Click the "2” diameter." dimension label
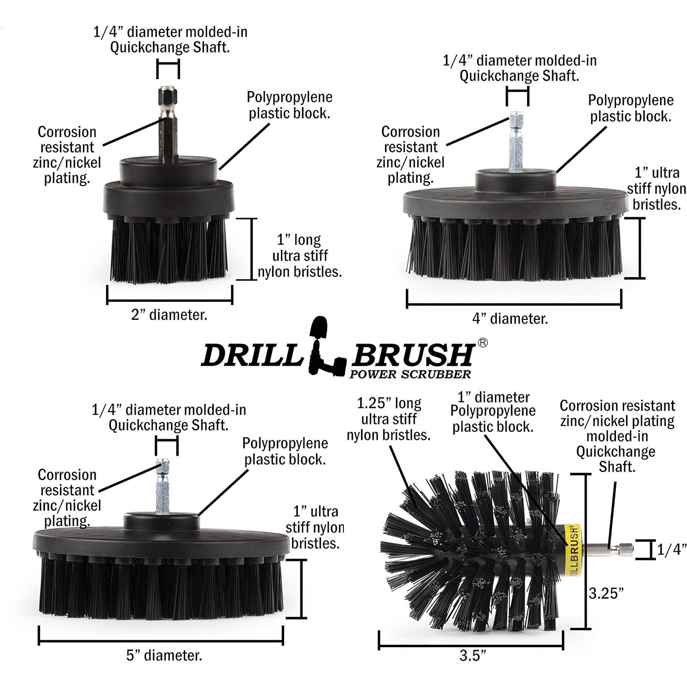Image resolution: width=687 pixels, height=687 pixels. click(x=169, y=315)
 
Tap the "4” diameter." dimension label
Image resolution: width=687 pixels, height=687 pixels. click(x=510, y=319)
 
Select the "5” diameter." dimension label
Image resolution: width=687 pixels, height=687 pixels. click(x=164, y=655)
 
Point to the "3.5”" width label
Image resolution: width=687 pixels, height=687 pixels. click(x=472, y=656)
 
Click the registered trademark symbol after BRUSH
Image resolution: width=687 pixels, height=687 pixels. click(x=482, y=343)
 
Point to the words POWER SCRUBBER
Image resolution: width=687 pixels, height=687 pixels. click(x=410, y=374)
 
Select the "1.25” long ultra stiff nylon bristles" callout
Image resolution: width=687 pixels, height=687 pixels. click(x=389, y=419)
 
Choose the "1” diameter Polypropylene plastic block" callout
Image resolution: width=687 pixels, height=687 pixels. click(x=493, y=412)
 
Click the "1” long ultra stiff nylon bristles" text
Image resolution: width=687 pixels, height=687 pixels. click(x=300, y=256)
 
